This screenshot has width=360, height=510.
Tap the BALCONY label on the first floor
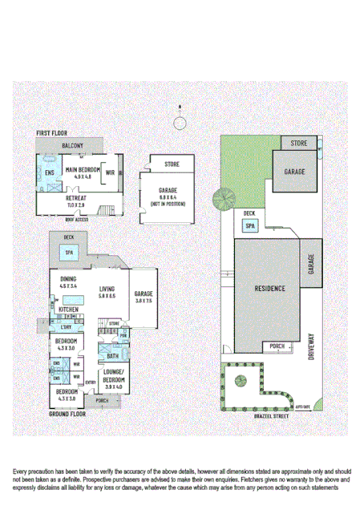[x=73, y=145]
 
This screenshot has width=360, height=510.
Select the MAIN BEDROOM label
[x=83, y=170]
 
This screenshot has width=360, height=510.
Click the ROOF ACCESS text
[x=76, y=217]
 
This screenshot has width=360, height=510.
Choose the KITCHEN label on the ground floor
[x=67, y=309]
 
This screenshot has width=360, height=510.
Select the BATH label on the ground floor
[x=112, y=355]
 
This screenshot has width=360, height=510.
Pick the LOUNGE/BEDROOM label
[x=111, y=378]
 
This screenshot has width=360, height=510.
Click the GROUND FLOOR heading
[x=67, y=414]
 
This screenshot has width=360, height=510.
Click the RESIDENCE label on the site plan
[x=270, y=289]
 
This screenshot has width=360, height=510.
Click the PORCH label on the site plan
[x=277, y=346]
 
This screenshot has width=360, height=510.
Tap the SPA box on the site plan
[x=250, y=226]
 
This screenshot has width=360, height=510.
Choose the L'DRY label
[x=67, y=326]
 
